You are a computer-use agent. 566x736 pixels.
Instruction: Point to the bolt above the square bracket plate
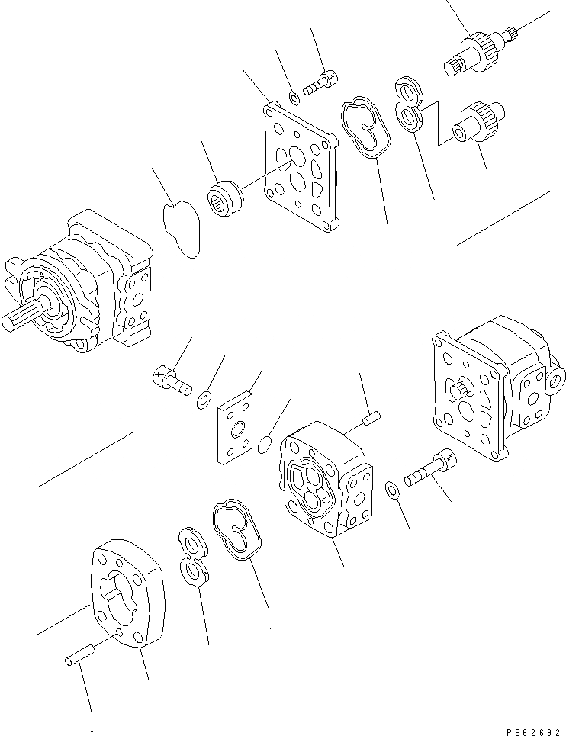point(320,83)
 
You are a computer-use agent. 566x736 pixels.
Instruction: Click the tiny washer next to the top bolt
point(294,97)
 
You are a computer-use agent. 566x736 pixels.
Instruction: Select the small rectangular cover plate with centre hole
point(238,428)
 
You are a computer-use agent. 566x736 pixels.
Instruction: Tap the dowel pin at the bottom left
point(79,654)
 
